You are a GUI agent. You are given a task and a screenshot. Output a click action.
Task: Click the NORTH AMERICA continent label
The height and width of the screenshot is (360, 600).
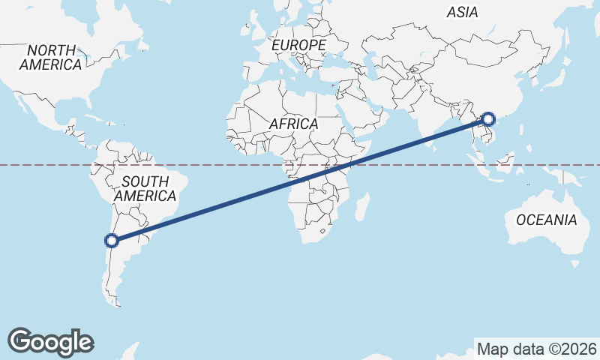tap(50, 58)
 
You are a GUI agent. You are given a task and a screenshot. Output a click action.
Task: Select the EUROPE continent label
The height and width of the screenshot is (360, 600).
tap(298, 46)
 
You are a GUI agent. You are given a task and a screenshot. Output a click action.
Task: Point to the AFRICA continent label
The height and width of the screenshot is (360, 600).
tap(293, 124)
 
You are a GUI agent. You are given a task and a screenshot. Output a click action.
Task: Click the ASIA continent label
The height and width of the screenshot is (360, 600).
tap(462, 12)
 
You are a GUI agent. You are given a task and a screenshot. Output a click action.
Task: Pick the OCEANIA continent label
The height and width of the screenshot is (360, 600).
tap(546, 220)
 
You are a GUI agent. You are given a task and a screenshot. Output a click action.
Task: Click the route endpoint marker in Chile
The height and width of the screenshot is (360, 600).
tap(112, 241)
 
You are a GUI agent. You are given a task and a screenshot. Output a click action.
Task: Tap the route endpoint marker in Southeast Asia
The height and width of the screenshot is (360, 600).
tap(488, 118)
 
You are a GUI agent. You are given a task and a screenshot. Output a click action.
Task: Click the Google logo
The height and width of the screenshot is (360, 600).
tap(50, 341)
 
